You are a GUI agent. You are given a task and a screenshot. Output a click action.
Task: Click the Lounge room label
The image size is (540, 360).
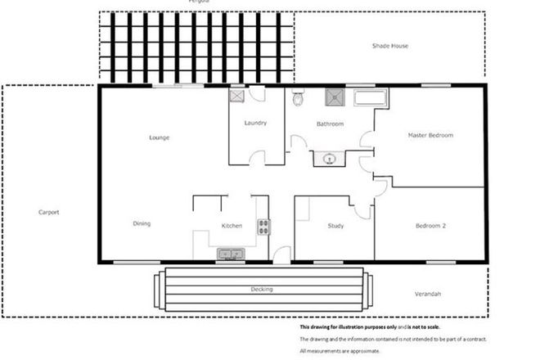(160, 137)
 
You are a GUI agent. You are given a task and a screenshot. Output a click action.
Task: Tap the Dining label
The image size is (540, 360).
(142, 223)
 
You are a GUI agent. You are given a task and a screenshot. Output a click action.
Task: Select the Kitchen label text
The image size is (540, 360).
(232, 226)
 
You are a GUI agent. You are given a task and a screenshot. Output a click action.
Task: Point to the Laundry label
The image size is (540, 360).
(256, 124)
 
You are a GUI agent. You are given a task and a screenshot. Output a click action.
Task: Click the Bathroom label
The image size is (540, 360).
(330, 124)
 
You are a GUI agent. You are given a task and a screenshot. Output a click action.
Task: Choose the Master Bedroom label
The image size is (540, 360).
(430, 135)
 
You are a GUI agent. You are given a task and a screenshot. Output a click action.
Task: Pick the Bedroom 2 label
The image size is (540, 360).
(430, 226)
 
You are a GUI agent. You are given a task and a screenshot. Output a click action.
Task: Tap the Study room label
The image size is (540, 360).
(335, 226)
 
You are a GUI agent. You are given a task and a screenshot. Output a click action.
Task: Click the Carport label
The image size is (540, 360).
(49, 212)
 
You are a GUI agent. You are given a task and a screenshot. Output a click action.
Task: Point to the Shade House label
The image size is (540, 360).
(390, 46)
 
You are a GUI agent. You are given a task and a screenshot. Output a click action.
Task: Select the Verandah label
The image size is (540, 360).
(428, 294)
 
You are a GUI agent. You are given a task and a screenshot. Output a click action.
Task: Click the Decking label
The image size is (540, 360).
(262, 290)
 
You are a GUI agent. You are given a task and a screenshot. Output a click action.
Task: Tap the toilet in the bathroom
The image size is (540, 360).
(298, 99)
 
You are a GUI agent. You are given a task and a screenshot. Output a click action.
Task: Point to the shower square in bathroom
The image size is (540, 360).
(335, 97)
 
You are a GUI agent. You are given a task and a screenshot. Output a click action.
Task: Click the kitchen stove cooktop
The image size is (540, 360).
(263, 227)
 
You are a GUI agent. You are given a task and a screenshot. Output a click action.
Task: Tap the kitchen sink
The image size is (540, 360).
(230, 254)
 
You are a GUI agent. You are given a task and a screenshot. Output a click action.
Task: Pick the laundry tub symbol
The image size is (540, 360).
(236, 95)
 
